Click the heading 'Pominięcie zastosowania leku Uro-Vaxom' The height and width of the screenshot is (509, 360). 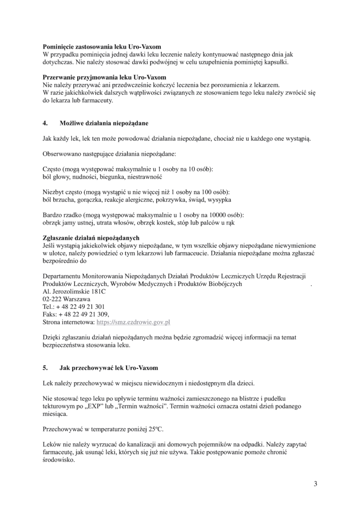[x=102, y=47]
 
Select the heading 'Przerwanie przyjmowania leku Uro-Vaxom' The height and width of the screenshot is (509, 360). [x=104, y=77]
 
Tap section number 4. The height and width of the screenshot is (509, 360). [x=45, y=123]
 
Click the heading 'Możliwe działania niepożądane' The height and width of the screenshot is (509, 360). [x=104, y=123]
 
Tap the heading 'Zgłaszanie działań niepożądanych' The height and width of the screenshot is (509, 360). [x=91, y=238]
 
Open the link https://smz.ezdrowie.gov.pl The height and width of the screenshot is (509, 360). [x=133, y=322]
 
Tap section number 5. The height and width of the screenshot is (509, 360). [x=45, y=368]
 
